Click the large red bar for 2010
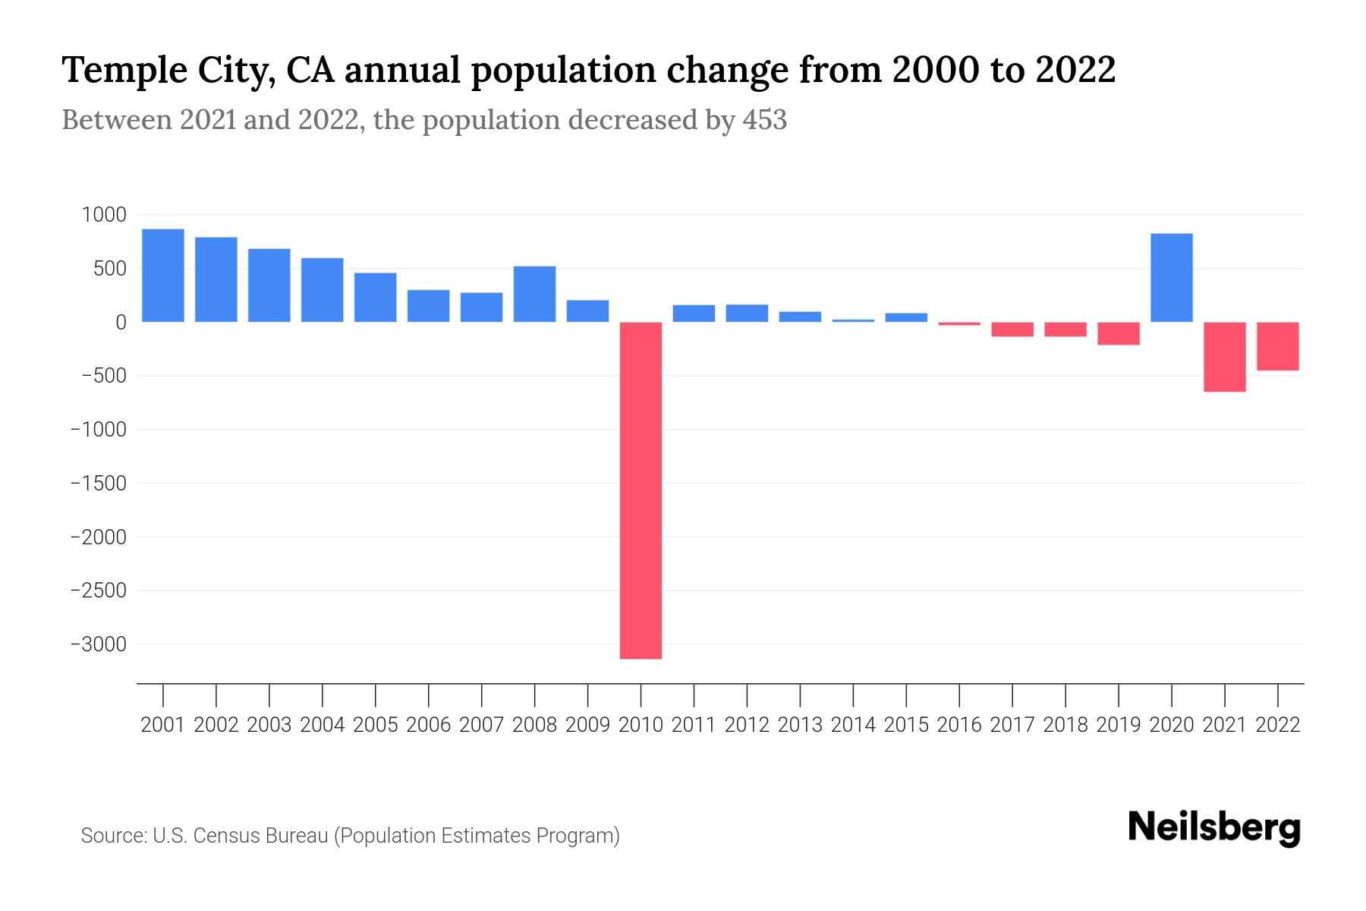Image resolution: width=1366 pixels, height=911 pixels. (x=641, y=490)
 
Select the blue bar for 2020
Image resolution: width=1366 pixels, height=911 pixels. (x=1172, y=277)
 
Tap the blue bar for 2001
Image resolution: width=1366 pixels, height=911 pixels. (x=163, y=275)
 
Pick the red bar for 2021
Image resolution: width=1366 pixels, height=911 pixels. (x=1225, y=357)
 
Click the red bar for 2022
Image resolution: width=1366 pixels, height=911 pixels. (x=1278, y=346)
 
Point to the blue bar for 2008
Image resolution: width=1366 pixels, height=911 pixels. (x=535, y=294)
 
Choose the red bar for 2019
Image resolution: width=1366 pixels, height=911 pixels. (x=1119, y=333)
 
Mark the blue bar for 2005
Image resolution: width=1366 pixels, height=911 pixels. (x=376, y=297)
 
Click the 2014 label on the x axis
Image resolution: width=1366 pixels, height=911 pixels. (x=853, y=725)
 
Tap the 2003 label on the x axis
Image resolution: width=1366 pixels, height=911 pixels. (x=269, y=725)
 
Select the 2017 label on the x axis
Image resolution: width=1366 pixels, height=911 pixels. (x=1012, y=725)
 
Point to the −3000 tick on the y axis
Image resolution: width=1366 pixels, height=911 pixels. (x=99, y=645)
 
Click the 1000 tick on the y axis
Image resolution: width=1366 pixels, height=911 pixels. (x=104, y=215)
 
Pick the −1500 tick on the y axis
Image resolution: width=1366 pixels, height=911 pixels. (x=99, y=484)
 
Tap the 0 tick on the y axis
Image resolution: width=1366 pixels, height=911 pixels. (x=121, y=323)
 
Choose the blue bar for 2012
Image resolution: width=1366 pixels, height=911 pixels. (x=747, y=313)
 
